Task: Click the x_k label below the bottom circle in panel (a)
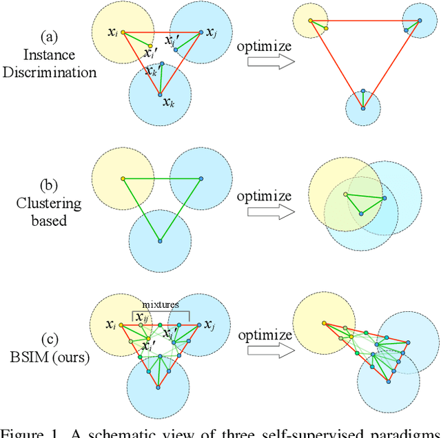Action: (x=169, y=102)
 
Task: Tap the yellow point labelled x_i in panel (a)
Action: (x=123, y=32)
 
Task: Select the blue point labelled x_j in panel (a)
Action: (x=201, y=31)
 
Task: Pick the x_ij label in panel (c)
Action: (x=143, y=316)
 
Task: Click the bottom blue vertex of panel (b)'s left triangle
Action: (x=160, y=240)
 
